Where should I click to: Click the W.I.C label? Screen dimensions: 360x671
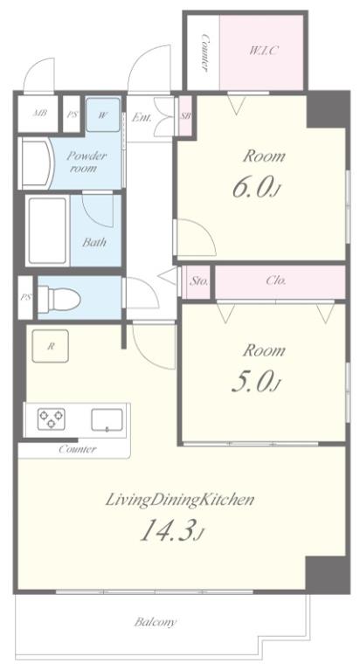click(264, 51)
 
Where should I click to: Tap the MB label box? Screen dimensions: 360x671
click(38, 114)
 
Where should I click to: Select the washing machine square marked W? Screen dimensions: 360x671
click(103, 114)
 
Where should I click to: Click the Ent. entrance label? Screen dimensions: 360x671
click(142, 118)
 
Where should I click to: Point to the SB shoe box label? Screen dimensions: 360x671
click(185, 115)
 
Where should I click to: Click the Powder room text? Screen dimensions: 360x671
click(86, 162)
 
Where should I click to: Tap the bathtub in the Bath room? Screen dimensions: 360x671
click(47, 231)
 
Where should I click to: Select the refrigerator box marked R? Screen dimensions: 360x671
click(51, 346)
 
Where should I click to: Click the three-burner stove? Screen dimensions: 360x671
click(52, 419)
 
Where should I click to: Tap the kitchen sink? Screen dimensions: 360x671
click(107, 419)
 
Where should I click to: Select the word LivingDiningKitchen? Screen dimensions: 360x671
click(180, 500)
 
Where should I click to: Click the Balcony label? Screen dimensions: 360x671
click(155, 622)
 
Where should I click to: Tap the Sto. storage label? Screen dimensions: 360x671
click(199, 281)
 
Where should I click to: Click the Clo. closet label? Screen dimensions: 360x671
click(276, 281)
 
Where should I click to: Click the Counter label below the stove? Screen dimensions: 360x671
click(78, 449)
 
